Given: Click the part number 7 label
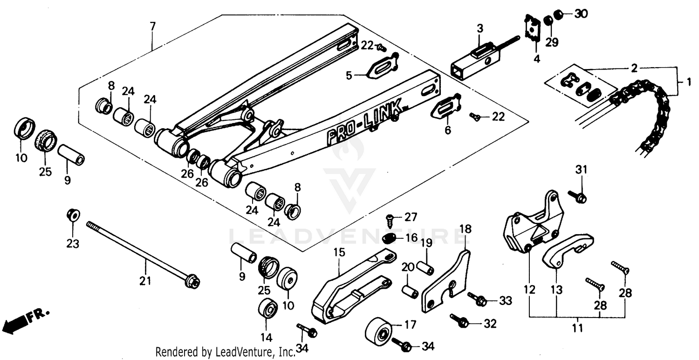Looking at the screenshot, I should pyautogui.click(x=151, y=26).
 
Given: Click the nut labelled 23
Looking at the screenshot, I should pyautogui.click(x=73, y=215).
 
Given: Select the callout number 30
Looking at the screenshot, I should pyautogui.click(x=581, y=14).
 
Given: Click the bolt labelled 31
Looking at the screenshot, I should pyautogui.click(x=578, y=197).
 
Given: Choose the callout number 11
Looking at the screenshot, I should pyautogui.click(x=577, y=328).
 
